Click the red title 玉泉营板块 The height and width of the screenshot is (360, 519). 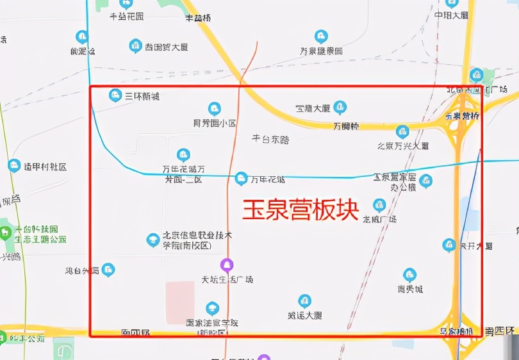pyautogui.click(x=300, y=209)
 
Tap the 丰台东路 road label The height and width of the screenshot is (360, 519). pyautogui.click(x=270, y=138)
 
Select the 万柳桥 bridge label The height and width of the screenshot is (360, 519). pyautogui.click(x=347, y=126)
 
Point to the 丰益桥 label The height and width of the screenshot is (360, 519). pyautogui.click(x=198, y=18)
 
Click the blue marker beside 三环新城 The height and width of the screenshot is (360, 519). pyautogui.click(x=115, y=95)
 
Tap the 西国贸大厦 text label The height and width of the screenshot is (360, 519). pyautogui.click(x=167, y=47)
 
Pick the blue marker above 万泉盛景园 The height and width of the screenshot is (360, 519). pyautogui.click(x=321, y=37)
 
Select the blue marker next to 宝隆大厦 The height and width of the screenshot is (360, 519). pyautogui.click(x=340, y=107)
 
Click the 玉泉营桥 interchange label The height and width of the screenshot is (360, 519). pyautogui.click(x=462, y=116)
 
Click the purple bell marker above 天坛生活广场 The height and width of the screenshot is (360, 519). pyautogui.click(x=226, y=265)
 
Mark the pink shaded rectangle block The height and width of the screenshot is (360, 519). pyautogui.click(x=180, y=302)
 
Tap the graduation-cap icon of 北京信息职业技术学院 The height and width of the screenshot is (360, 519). pyautogui.click(x=153, y=240)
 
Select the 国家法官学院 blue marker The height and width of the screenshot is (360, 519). pyautogui.click(x=212, y=309)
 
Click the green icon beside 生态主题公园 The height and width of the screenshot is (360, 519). pyautogui.click(x=6, y=229)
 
